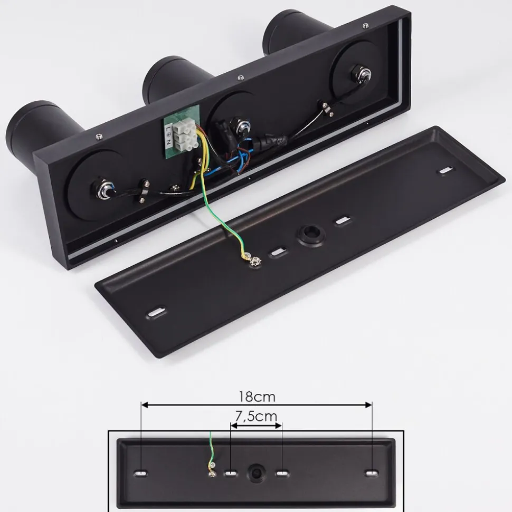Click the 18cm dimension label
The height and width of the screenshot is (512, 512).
click(257, 397)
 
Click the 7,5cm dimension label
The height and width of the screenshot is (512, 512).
click(257, 416)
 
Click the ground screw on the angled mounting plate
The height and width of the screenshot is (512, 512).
click(255, 261)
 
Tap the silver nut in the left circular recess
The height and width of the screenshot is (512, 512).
click(105, 190)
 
